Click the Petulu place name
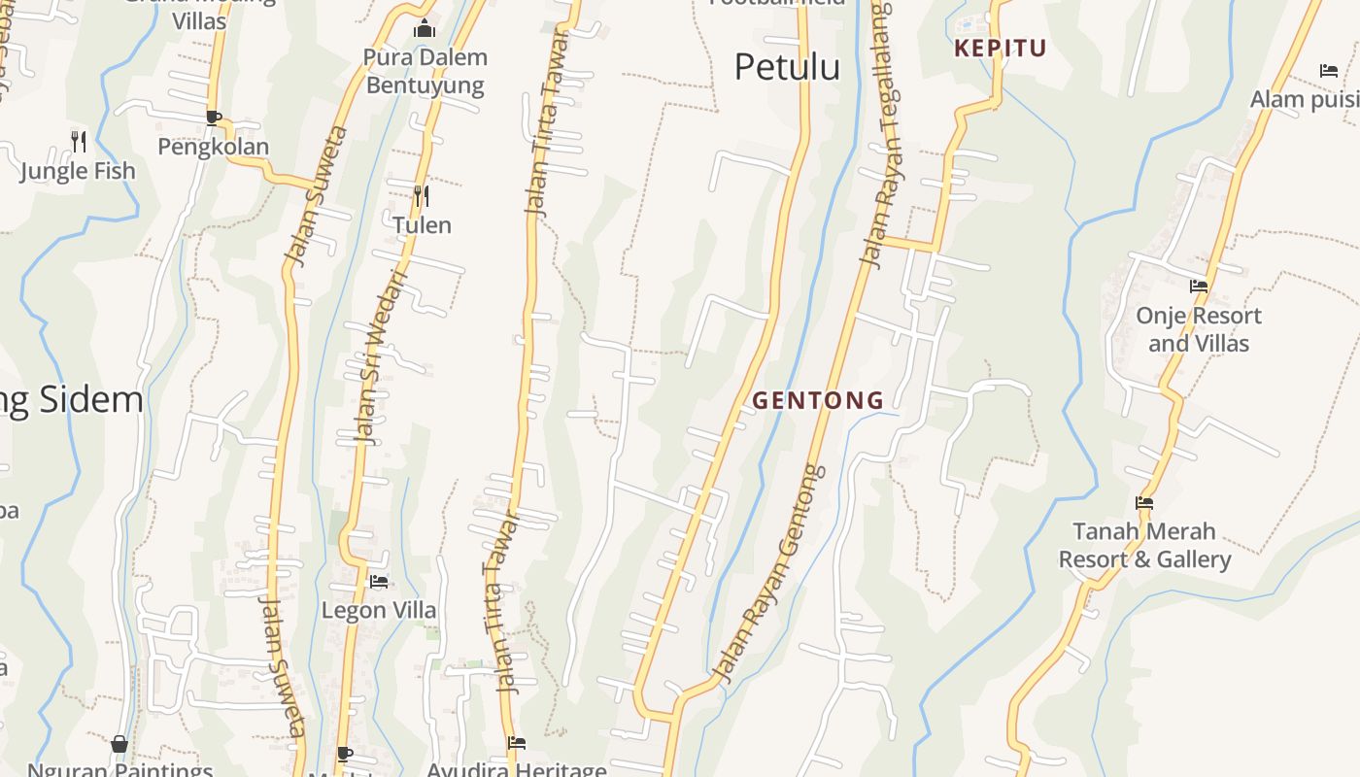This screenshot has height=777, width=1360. (x=787, y=67)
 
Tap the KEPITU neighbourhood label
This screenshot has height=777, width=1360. (x=1001, y=49)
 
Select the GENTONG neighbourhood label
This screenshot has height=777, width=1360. (x=818, y=400)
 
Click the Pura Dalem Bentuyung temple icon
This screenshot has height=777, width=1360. (x=425, y=29)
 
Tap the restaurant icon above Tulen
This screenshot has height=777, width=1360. (x=422, y=196)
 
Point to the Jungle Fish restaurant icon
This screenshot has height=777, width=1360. (x=79, y=142)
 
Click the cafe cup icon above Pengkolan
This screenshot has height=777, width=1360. (x=214, y=118)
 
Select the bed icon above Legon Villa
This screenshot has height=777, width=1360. (x=379, y=582)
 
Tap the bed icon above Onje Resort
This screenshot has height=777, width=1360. (x=1199, y=287)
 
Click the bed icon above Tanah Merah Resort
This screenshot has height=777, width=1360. (x=1144, y=503)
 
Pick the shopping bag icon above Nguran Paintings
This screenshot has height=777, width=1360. (x=119, y=744)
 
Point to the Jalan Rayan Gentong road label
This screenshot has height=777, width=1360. (x=769, y=573)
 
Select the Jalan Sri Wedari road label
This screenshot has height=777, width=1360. (x=380, y=356)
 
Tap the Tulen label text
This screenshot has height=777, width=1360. (x=422, y=225)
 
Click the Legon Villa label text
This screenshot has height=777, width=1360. (x=379, y=611)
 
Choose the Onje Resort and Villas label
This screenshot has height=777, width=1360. (x=1199, y=329)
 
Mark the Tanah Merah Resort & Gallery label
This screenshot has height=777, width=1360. (x=1144, y=546)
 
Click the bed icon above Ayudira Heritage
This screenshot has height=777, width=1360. (x=517, y=743)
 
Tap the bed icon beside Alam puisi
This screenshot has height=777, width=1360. (x=1329, y=71)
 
